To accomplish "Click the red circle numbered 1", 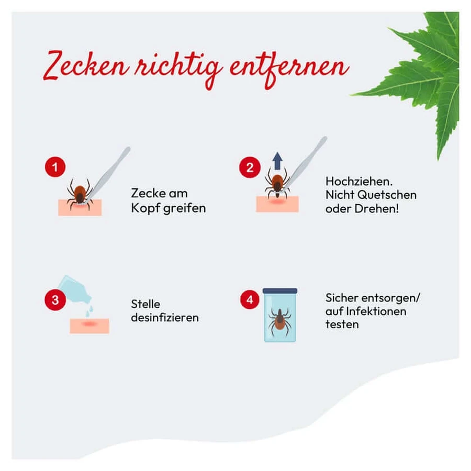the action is point(55,167).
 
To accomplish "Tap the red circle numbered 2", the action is point(250,167).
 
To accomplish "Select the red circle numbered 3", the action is point(55,300).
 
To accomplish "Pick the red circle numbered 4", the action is point(250,299).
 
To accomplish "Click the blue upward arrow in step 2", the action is point(277,161).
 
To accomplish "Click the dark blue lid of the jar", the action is point(280,291).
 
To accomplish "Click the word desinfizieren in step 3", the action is point(165,318).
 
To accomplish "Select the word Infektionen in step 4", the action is point(376,311).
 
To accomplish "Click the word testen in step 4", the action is point(342,324).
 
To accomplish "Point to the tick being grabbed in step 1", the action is point(80,194).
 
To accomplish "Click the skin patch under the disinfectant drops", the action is point(89,326).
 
